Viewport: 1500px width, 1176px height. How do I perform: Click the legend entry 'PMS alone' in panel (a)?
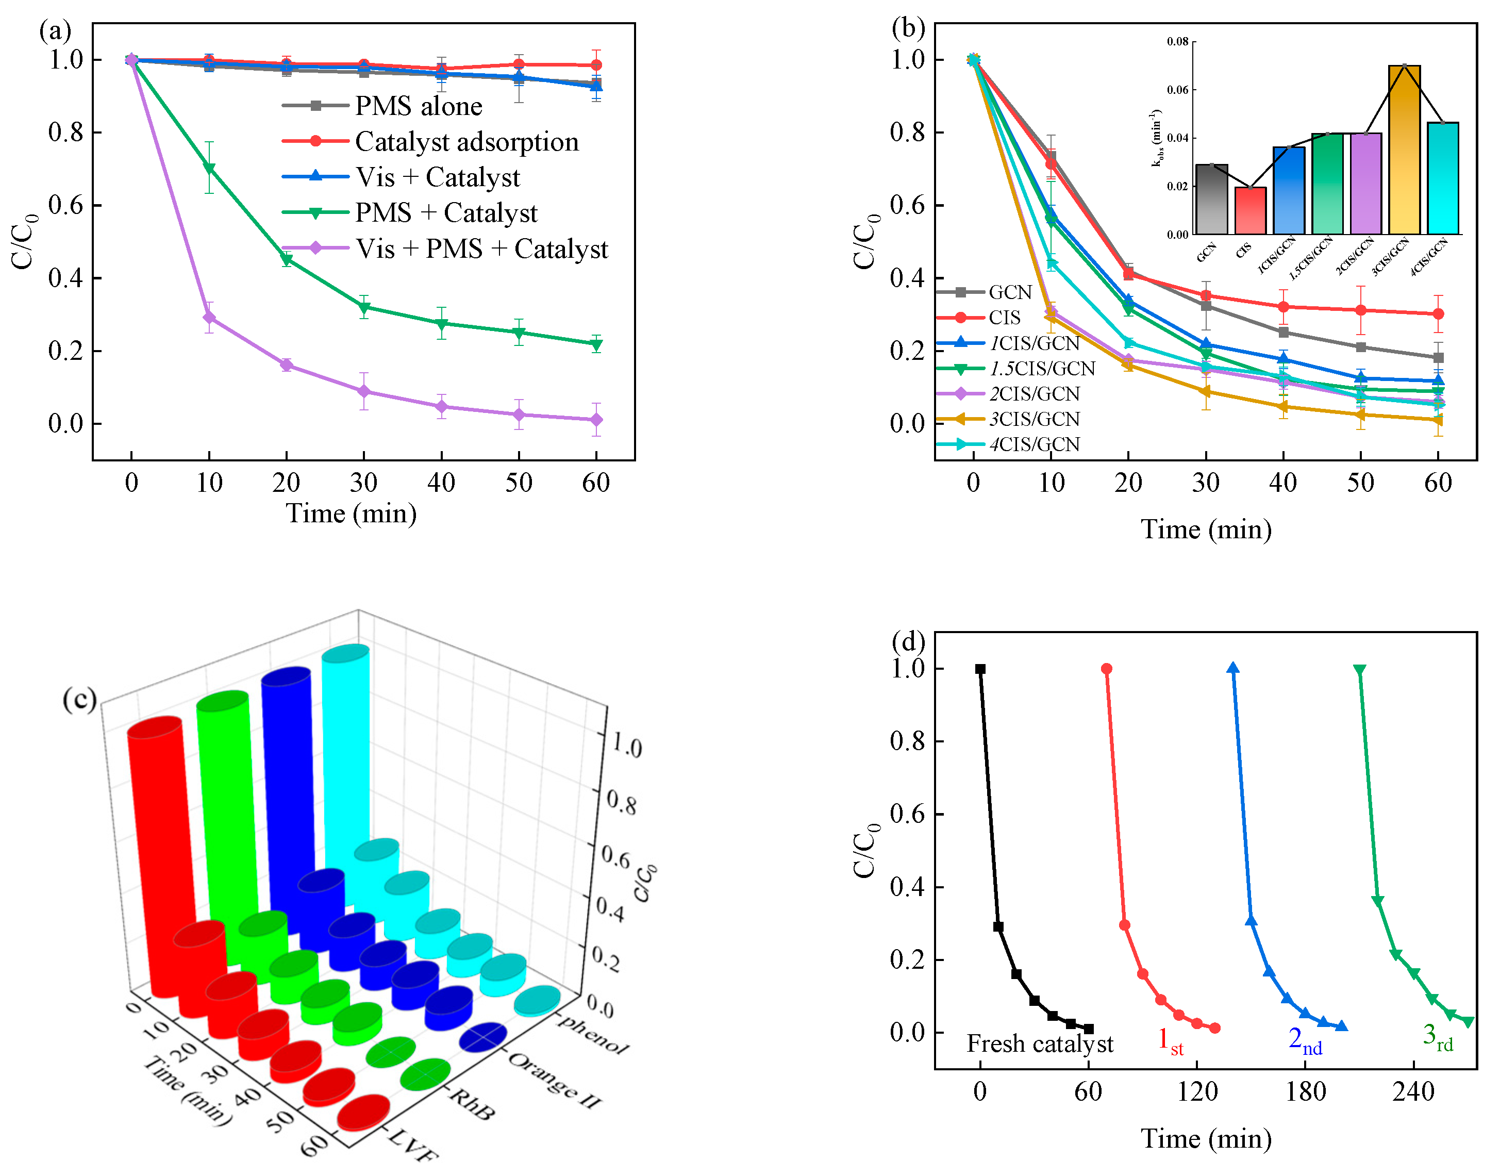coord(418,106)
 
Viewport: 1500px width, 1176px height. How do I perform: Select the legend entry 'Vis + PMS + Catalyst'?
coord(481,249)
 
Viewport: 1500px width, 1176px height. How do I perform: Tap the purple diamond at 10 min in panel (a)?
coord(209,318)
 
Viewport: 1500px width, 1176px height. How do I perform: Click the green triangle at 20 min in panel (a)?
coord(287,259)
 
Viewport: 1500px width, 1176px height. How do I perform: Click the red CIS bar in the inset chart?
coord(1250,210)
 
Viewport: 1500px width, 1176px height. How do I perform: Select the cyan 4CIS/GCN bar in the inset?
coord(1443,178)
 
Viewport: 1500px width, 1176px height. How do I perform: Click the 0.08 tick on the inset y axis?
coord(1177,42)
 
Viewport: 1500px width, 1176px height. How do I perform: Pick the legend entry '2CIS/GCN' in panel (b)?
coord(1035,394)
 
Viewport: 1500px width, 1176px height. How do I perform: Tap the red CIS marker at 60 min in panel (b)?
coord(1438,314)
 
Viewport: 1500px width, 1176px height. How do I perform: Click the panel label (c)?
coord(79,700)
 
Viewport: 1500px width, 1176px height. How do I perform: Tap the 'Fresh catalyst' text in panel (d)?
coord(1040,1044)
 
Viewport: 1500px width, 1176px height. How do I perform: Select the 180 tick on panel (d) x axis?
coord(1305,1092)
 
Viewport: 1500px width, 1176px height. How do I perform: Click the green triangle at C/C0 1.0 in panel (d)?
coord(1360,670)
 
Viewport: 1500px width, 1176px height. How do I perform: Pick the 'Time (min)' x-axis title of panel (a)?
coord(351,514)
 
